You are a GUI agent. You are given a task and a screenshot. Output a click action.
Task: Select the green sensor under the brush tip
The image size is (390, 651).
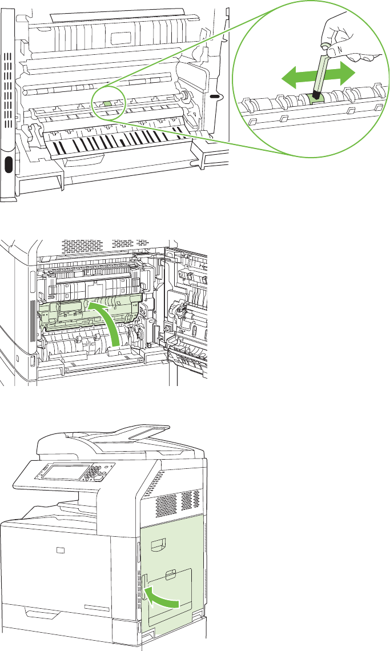(x=316, y=98)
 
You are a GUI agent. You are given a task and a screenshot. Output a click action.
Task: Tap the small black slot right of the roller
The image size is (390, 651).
(x=215, y=97)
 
